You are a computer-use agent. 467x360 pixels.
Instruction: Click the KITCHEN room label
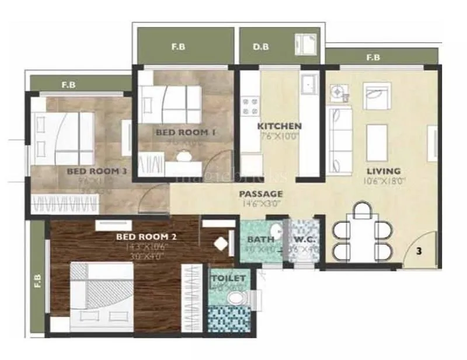[x=280, y=126]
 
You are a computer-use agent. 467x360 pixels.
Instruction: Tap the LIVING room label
[x=383, y=171]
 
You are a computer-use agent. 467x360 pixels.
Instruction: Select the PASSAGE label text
[x=261, y=194]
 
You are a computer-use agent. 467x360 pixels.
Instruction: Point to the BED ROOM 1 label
[x=186, y=132]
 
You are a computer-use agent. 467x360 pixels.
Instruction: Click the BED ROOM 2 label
[x=146, y=237]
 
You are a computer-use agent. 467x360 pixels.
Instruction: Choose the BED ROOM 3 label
[x=97, y=171]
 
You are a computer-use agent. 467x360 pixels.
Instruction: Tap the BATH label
[x=257, y=239]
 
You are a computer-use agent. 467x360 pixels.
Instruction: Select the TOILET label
[x=228, y=278]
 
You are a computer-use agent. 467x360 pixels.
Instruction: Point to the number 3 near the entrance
[x=419, y=251]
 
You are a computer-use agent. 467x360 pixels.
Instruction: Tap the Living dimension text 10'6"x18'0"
[x=383, y=181]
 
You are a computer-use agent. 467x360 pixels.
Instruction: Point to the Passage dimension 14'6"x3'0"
[x=260, y=204]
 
